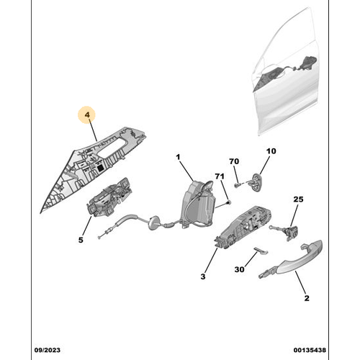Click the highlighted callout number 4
coord(87,114)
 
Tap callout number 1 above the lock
coord(178,157)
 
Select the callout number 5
coord(81,240)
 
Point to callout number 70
coord(234,161)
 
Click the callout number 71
coord(220,176)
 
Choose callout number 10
coord(271,151)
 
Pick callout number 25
coord(298,199)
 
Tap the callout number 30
coord(239,269)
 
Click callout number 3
coord(203,276)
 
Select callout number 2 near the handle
coord(307,298)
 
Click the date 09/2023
coord(48,350)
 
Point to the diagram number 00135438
coord(310,350)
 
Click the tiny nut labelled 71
coord(229,203)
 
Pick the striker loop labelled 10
coord(256,182)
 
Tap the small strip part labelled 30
coord(261,251)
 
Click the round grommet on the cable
coord(153,223)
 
